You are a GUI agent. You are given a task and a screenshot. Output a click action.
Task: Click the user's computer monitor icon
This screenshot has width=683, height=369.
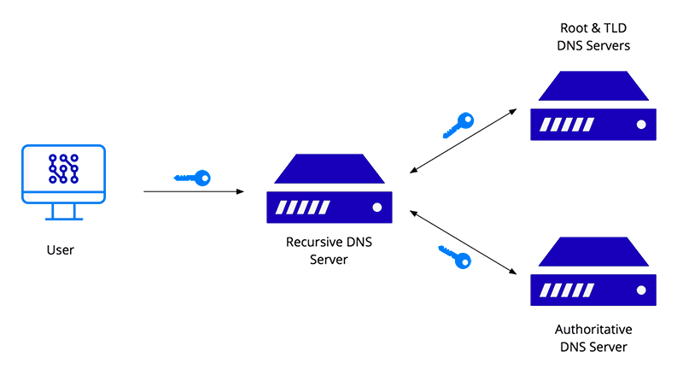(62, 175)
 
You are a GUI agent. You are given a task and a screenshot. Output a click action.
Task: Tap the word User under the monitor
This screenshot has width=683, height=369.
(61, 250)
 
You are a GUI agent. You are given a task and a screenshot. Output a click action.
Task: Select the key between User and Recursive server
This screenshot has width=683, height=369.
(192, 178)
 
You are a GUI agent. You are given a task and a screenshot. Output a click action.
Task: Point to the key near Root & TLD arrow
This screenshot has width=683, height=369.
(458, 125)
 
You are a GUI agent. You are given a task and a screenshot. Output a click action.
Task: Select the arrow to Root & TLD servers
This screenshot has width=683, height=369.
(464, 141)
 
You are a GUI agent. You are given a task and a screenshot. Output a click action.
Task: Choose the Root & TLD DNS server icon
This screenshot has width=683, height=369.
(593, 106)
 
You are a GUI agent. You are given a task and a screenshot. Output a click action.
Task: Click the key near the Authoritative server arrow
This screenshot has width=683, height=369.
(455, 256)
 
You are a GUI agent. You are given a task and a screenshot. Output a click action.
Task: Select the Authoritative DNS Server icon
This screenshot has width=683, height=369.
(593, 272)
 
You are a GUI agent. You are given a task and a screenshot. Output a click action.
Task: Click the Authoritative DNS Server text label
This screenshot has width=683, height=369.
(593, 338)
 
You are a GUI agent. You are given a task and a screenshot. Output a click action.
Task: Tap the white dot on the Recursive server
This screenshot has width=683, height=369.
(376, 208)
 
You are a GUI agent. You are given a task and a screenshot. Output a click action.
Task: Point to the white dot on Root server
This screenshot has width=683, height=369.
(639, 125)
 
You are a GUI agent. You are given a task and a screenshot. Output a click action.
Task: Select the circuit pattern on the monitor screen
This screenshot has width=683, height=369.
(62, 168)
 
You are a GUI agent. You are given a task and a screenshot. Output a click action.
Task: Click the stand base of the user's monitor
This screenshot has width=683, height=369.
(62, 218)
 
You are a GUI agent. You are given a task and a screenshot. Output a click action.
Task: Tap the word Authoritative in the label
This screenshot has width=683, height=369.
(593, 330)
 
